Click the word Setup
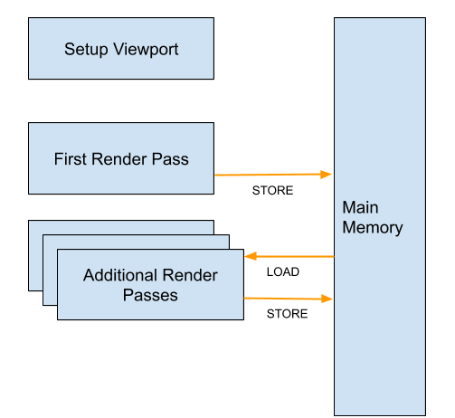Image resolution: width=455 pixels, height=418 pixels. pyautogui.click(x=86, y=50)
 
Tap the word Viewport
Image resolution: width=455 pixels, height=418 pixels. pyautogui.click(x=146, y=50)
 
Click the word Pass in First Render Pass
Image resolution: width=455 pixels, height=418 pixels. pyautogui.click(x=170, y=159)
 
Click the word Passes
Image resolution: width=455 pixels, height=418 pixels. pyautogui.click(x=150, y=295)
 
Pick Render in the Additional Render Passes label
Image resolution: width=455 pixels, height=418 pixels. pyautogui.click(x=190, y=275)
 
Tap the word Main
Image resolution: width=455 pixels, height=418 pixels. pyautogui.click(x=360, y=207)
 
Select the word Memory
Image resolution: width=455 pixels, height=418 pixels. pyautogui.click(x=373, y=228)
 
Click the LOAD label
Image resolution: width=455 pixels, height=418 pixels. pyautogui.click(x=283, y=272)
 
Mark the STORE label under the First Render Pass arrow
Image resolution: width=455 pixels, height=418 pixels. pyautogui.click(x=272, y=191)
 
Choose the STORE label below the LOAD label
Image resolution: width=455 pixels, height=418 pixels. pyautogui.click(x=287, y=314)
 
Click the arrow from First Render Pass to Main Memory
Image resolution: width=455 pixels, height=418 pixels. pyautogui.click(x=273, y=175)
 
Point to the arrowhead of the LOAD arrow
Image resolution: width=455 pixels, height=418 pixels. pyautogui.click(x=251, y=256)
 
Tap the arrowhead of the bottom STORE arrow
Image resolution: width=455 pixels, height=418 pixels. pyautogui.click(x=327, y=299)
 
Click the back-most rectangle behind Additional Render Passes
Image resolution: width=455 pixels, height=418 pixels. pyautogui.click(x=35, y=255)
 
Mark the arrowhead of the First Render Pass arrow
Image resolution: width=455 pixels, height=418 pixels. pyautogui.click(x=327, y=175)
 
